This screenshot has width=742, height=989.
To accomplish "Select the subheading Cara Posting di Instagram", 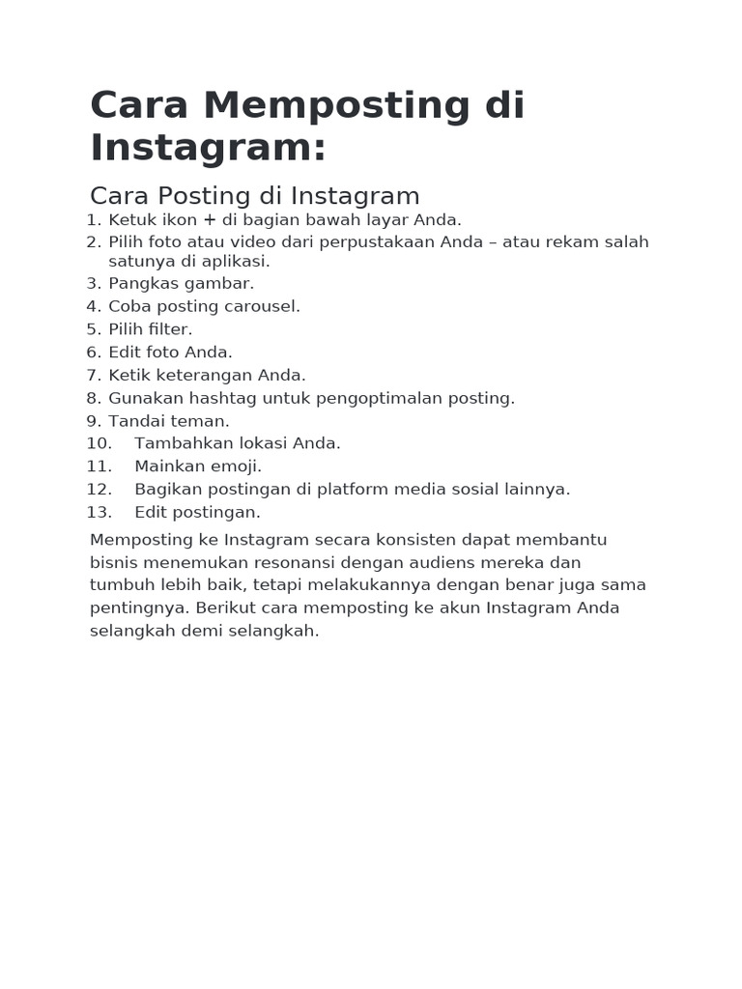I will (255, 196).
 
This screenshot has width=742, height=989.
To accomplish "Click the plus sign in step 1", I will (210, 220).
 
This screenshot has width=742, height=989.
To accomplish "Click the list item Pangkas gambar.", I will (181, 283).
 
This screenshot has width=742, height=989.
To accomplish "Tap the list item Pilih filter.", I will (151, 329).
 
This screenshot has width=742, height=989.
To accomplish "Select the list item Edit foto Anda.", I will (170, 353).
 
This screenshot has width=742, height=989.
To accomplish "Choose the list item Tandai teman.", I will (169, 421).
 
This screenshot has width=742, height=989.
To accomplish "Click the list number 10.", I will (99, 443).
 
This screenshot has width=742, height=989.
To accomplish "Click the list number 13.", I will (99, 512).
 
